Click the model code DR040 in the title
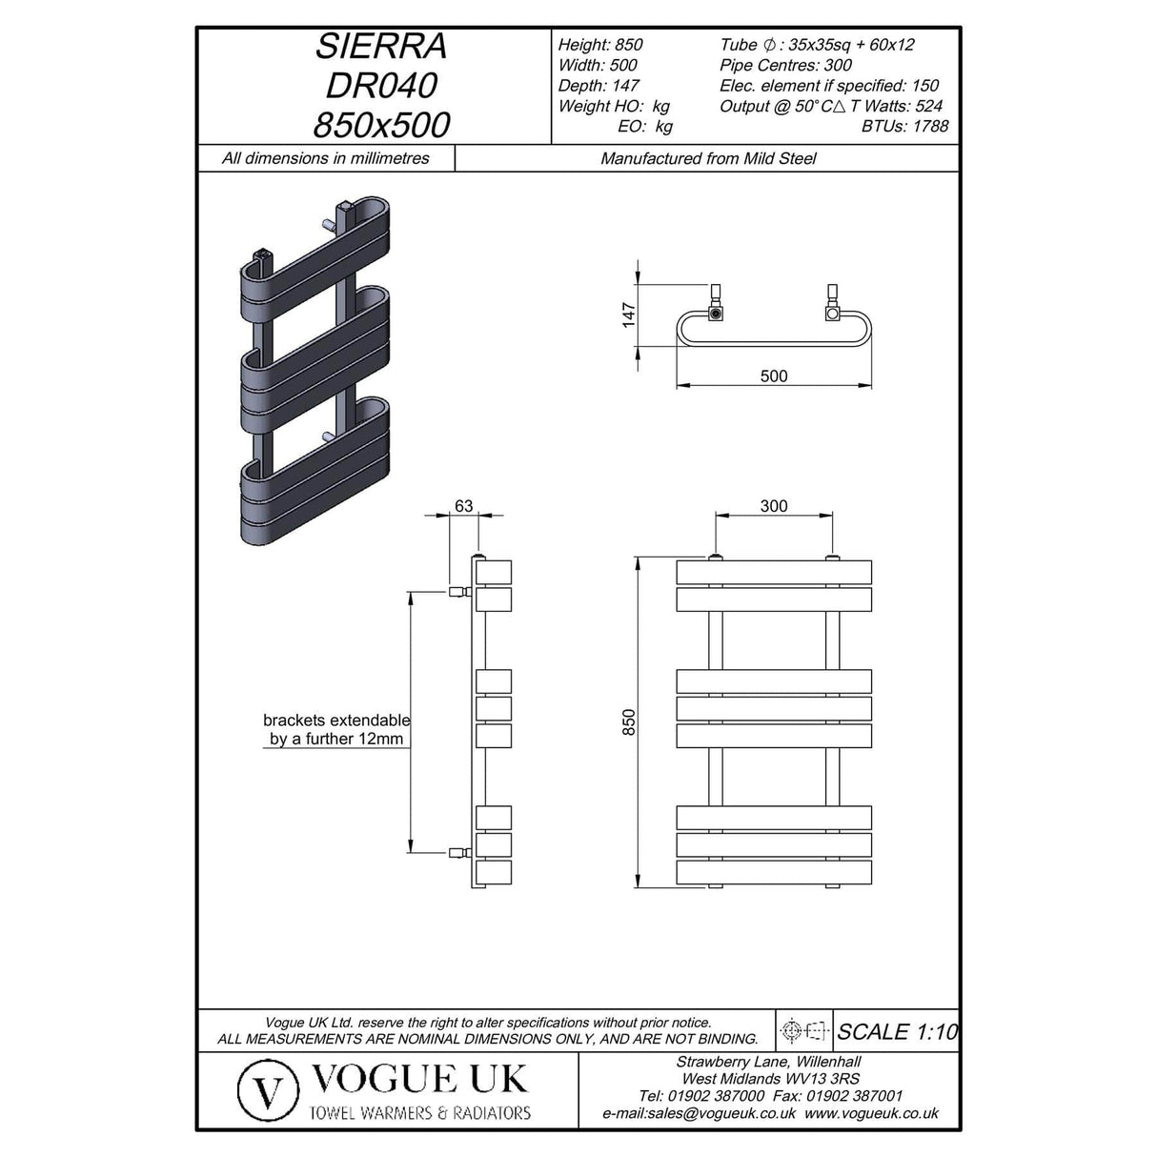tap(381, 86)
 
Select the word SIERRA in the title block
tap(381, 47)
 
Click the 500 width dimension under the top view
tap(774, 376)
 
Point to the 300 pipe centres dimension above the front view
tap(774, 506)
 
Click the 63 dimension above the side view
tap(463, 506)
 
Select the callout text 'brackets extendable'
tap(335, 721)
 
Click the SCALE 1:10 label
tap(896, 1031)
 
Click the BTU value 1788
tap(930, 126)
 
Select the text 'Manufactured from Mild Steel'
tap(708, 158)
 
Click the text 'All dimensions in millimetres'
tap(325, 158)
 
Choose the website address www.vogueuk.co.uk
tap(871, 1113)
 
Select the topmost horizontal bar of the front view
tap(774, 572)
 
